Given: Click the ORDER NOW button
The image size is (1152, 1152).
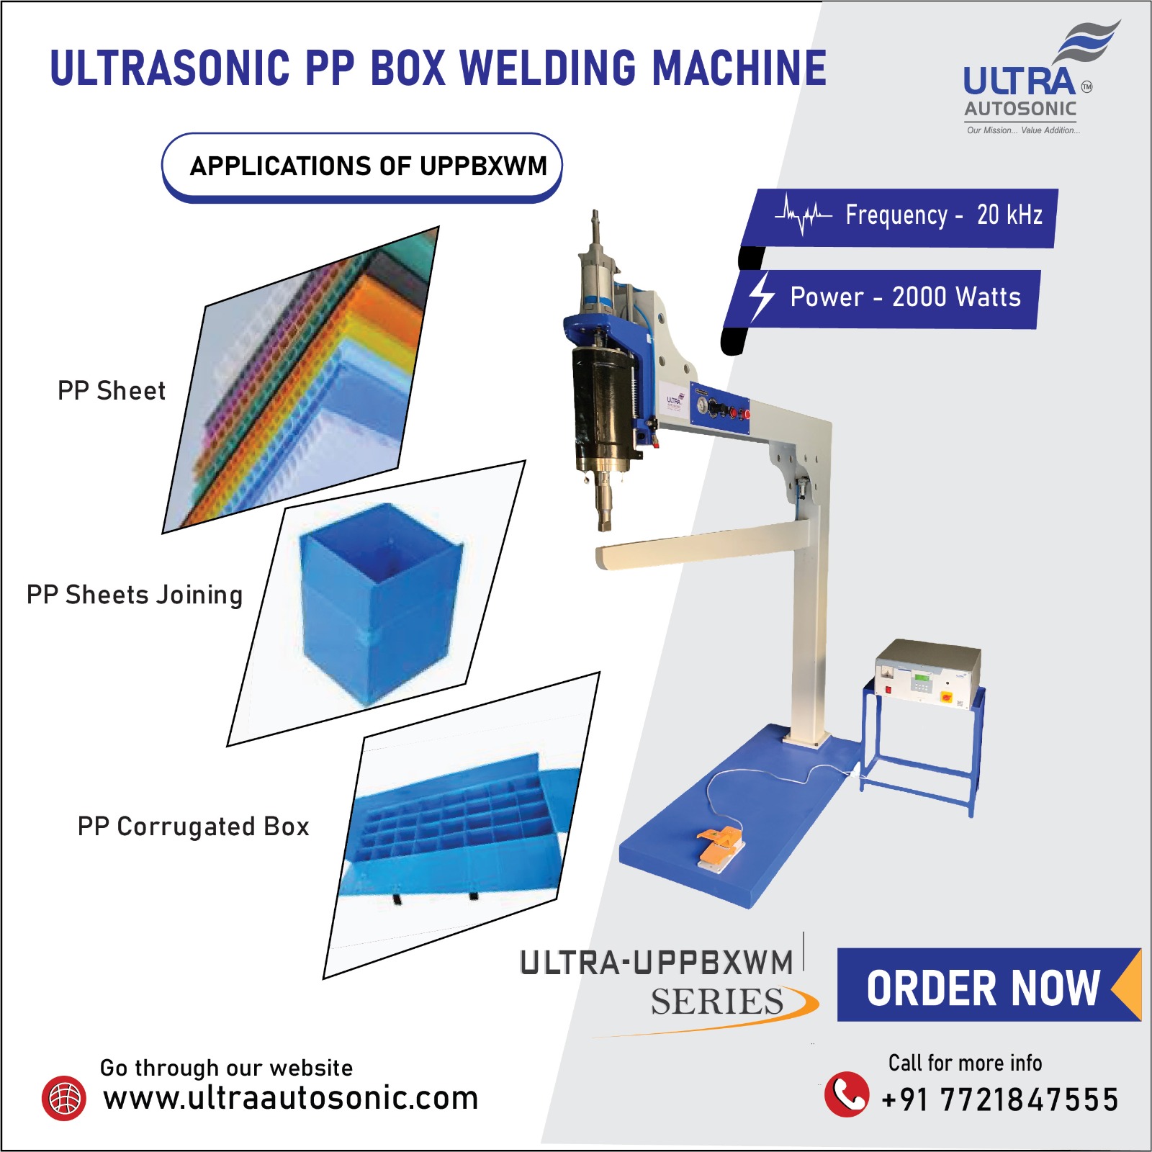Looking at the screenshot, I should point(983,987).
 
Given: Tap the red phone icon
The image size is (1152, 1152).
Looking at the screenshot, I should point(846,1094).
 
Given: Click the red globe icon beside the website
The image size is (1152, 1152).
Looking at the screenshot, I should point(64,1098).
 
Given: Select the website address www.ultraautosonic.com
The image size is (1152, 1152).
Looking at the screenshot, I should point(290,1098).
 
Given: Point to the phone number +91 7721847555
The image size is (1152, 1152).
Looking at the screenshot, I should point(1000,1099).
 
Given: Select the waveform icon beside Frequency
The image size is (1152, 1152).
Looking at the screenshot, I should point(804,215).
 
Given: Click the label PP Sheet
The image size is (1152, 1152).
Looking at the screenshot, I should point(112,391).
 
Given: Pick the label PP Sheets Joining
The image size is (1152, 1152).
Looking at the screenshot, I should point(135,595).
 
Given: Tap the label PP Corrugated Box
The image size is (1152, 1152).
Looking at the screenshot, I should point(193,827).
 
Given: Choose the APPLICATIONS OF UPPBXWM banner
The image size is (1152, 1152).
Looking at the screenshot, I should point(362,166).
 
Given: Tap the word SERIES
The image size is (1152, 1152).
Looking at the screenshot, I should point(717,1002).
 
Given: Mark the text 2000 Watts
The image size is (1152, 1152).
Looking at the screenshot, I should point(956,297).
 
